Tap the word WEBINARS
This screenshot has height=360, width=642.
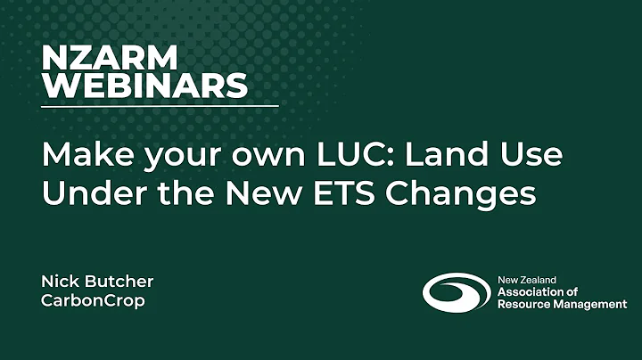pyautogui.click(x=144, y=86)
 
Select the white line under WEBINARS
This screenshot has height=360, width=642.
pyautogui.click(x=160, y=106)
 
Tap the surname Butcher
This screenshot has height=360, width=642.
pyautogui.click(x=119, y=282)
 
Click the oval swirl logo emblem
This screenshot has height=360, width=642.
pyautogui.click(x=456, y=292)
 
